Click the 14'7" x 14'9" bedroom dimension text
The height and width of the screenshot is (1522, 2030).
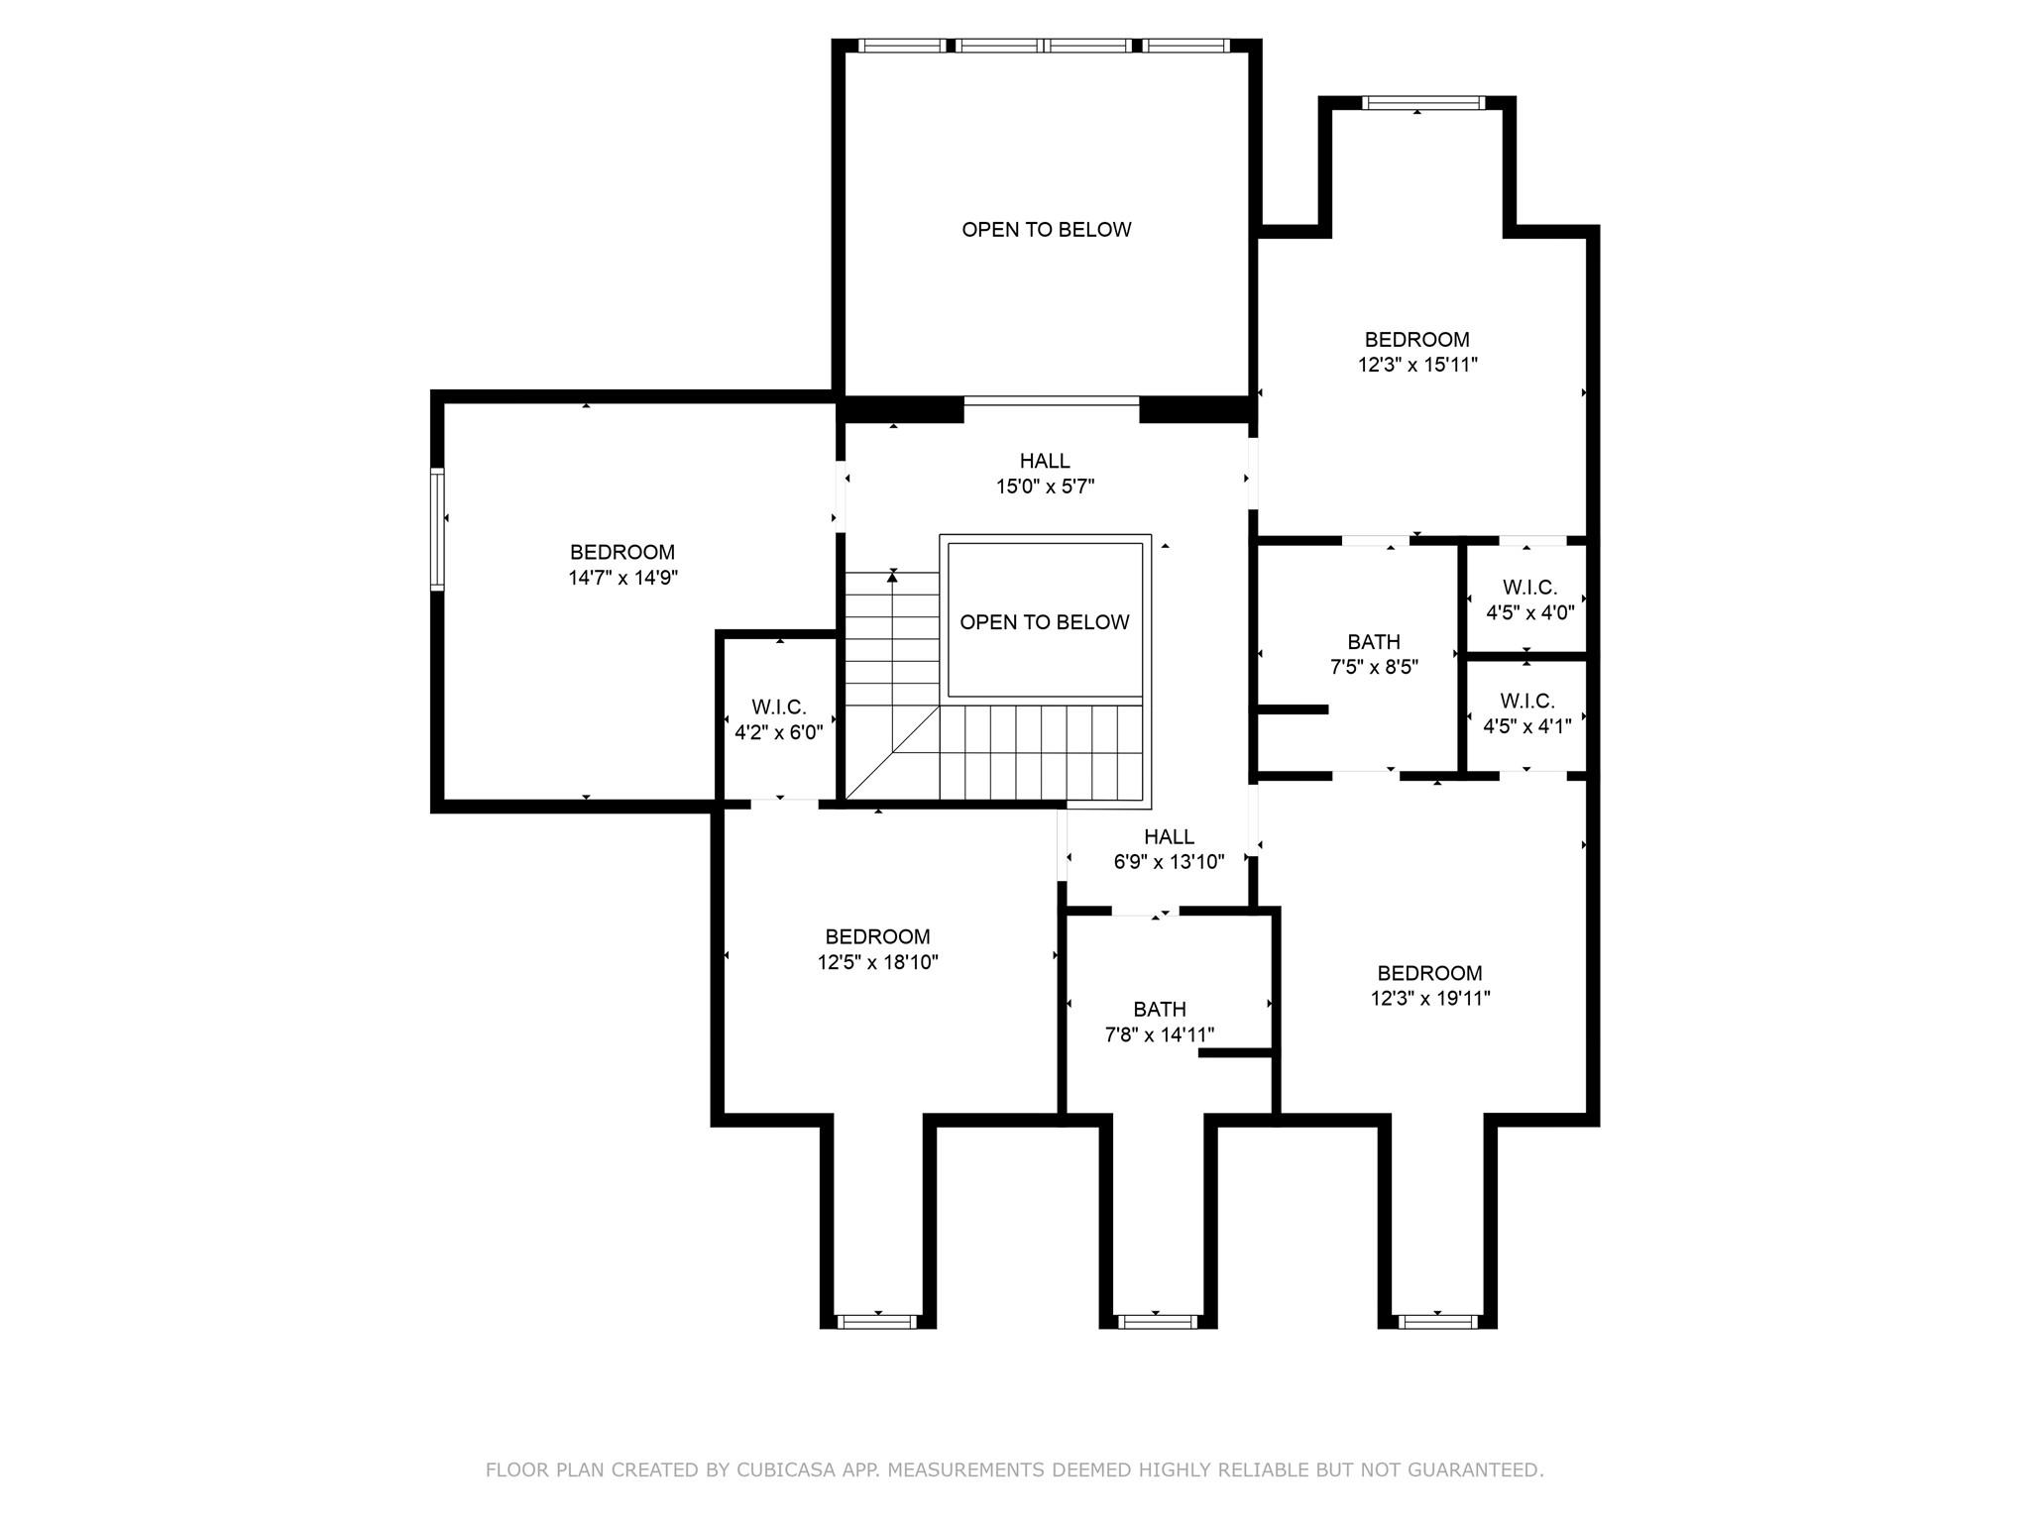pos(622,578)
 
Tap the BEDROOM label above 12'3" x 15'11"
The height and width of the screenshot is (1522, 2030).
pos(1416,340)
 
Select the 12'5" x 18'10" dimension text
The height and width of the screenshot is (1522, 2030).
pos(877,962)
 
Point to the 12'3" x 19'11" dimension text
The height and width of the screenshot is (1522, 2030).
pos(1430,999)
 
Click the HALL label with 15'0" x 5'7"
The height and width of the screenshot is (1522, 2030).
pos(1045,461)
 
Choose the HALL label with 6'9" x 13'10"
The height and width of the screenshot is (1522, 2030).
pos(1169,837)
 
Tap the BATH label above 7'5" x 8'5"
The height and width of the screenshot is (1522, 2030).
pos(1374,642)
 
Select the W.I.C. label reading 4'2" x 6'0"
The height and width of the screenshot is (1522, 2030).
pos(778,707)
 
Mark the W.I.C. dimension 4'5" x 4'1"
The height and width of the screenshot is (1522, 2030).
pos(1526,726)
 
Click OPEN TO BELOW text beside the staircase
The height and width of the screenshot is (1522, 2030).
pos(1044,622)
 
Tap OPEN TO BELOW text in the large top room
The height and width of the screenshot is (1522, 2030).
pos(1046,230)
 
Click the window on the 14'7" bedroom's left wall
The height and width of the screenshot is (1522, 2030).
pos(437,529)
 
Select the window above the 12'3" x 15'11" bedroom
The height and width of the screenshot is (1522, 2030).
pos(1422,103)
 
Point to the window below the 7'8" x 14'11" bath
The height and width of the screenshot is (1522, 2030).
pos(1157,1321)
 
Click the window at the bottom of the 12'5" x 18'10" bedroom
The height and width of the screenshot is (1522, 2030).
pos(877,1321)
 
